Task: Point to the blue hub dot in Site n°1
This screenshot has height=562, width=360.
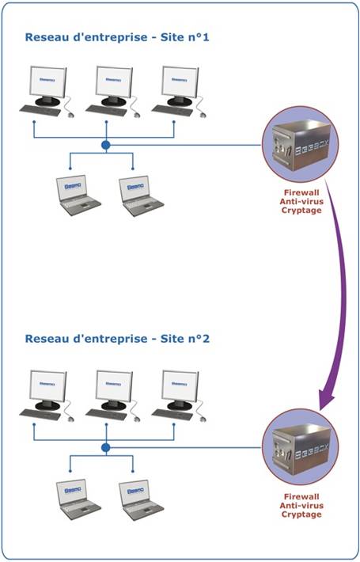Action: tap(106, 146)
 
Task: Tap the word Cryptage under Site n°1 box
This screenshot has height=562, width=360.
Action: tap(301, 211)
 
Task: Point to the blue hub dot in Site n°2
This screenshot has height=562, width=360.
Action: tap(106, 448)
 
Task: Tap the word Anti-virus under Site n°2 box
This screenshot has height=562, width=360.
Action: tap(301, 506)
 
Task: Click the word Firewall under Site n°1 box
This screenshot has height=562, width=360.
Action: tap(301, 192)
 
